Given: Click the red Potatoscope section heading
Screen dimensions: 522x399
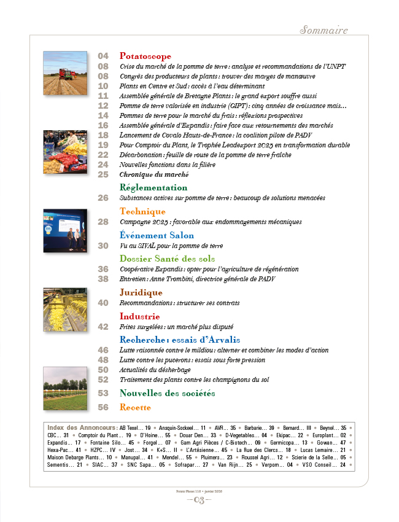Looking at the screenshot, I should (x=145, y=56).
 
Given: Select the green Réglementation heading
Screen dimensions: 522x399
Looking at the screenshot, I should (x=153, y=187).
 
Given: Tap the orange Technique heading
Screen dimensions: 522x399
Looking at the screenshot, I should (x=142, y=212).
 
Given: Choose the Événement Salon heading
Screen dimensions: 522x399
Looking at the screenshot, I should (x=157, y=235).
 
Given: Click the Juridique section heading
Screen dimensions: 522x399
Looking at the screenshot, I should (x=141, y=292).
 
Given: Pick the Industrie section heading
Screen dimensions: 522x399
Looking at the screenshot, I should (x=140, y=316).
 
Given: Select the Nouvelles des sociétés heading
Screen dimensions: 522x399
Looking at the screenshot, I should (x=167, y=393).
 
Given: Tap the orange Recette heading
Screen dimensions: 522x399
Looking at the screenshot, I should (x=135, y=407).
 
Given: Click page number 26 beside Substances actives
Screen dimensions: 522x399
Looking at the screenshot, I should (x=103, y=198).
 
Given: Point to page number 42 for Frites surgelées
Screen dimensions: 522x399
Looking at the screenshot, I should (x=103, y=327).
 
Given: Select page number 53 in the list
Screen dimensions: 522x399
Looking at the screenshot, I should (x=103, y=393).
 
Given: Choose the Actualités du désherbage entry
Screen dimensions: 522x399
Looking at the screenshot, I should (x=155, y=370).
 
